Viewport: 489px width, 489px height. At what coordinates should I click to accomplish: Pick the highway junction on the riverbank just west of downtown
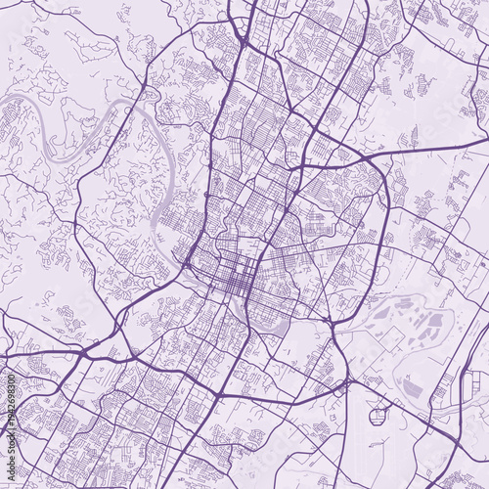click(x=186, y=262)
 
